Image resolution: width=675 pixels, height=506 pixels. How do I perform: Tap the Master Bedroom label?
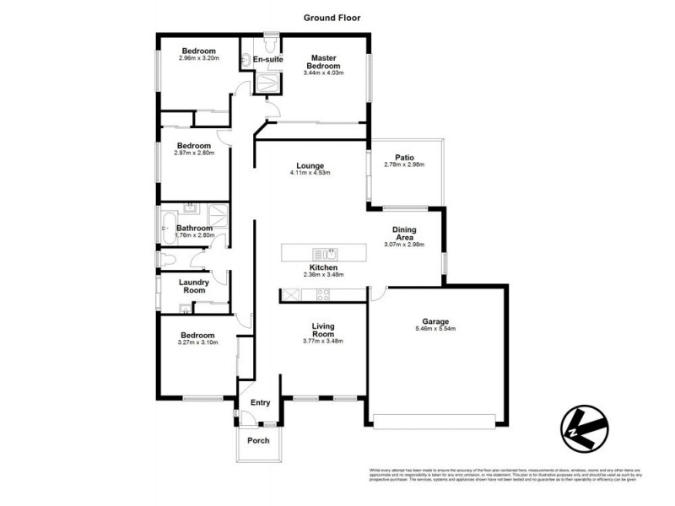(323, 62)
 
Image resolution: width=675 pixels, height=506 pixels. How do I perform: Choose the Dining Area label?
(404, 234)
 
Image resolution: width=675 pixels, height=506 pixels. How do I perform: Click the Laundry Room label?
(196, 286)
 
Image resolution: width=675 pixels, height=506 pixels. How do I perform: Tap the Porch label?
(258, 441)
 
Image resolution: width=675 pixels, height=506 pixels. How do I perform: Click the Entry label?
(261, 403)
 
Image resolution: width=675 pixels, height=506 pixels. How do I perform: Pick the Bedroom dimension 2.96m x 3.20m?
(199, 59)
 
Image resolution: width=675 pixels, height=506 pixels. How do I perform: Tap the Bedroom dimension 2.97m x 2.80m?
(195, 153)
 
